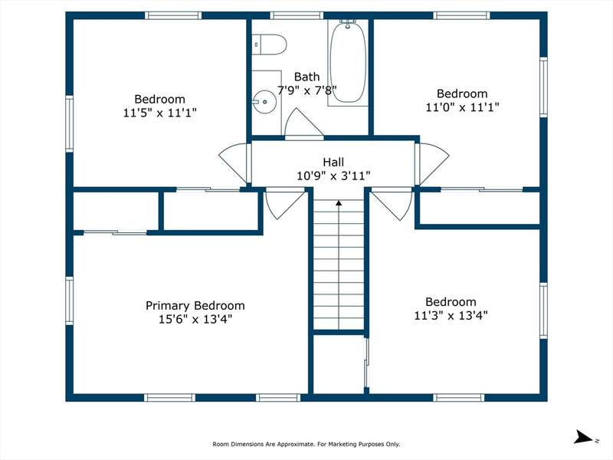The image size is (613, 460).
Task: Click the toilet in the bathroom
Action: click(269, 44)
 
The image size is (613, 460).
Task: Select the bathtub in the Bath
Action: click(348, 63)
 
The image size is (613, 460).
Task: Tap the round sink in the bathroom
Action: click(264, 102)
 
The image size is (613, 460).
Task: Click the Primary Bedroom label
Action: click(195, 305)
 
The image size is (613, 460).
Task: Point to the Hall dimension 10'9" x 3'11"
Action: click(333, 176)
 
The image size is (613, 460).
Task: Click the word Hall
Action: click(333, 162)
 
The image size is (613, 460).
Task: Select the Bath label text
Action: click(307, 77)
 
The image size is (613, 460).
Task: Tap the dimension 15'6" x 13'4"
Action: click(195, 319)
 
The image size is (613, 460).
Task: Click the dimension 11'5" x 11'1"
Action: click(160, 113)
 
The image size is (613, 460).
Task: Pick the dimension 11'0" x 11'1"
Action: click(462, 107)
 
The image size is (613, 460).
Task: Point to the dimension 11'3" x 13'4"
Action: click(451, 315)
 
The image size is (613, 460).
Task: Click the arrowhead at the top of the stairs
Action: click(339, 202)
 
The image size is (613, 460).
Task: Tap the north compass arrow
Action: click(585, 437)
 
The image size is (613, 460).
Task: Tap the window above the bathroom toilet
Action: click(297, 15)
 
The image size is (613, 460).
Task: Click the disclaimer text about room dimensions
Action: click(306, 444)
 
